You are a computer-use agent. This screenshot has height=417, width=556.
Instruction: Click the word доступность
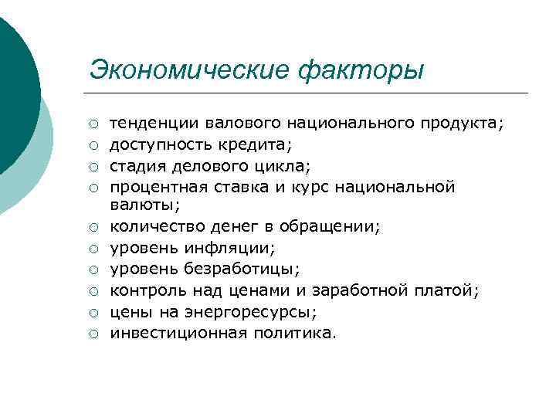(160, 144)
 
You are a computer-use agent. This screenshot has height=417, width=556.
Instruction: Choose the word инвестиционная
(179, 333)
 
